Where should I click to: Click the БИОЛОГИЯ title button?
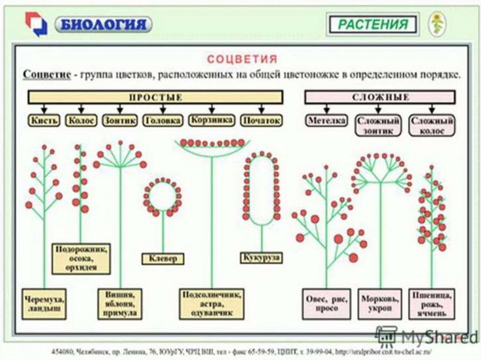103,24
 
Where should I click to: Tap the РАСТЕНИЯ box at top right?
373,24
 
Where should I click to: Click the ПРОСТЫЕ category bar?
155,97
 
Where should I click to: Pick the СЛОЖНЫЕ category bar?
380,97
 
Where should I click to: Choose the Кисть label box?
45,121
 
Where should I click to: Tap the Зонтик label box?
120,121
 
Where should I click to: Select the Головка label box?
163,121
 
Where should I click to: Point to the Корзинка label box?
212,120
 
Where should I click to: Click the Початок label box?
262,121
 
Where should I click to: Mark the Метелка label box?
327,121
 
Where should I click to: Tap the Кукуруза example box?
262,257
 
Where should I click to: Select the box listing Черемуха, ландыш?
45,304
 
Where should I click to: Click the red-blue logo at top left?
36,24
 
